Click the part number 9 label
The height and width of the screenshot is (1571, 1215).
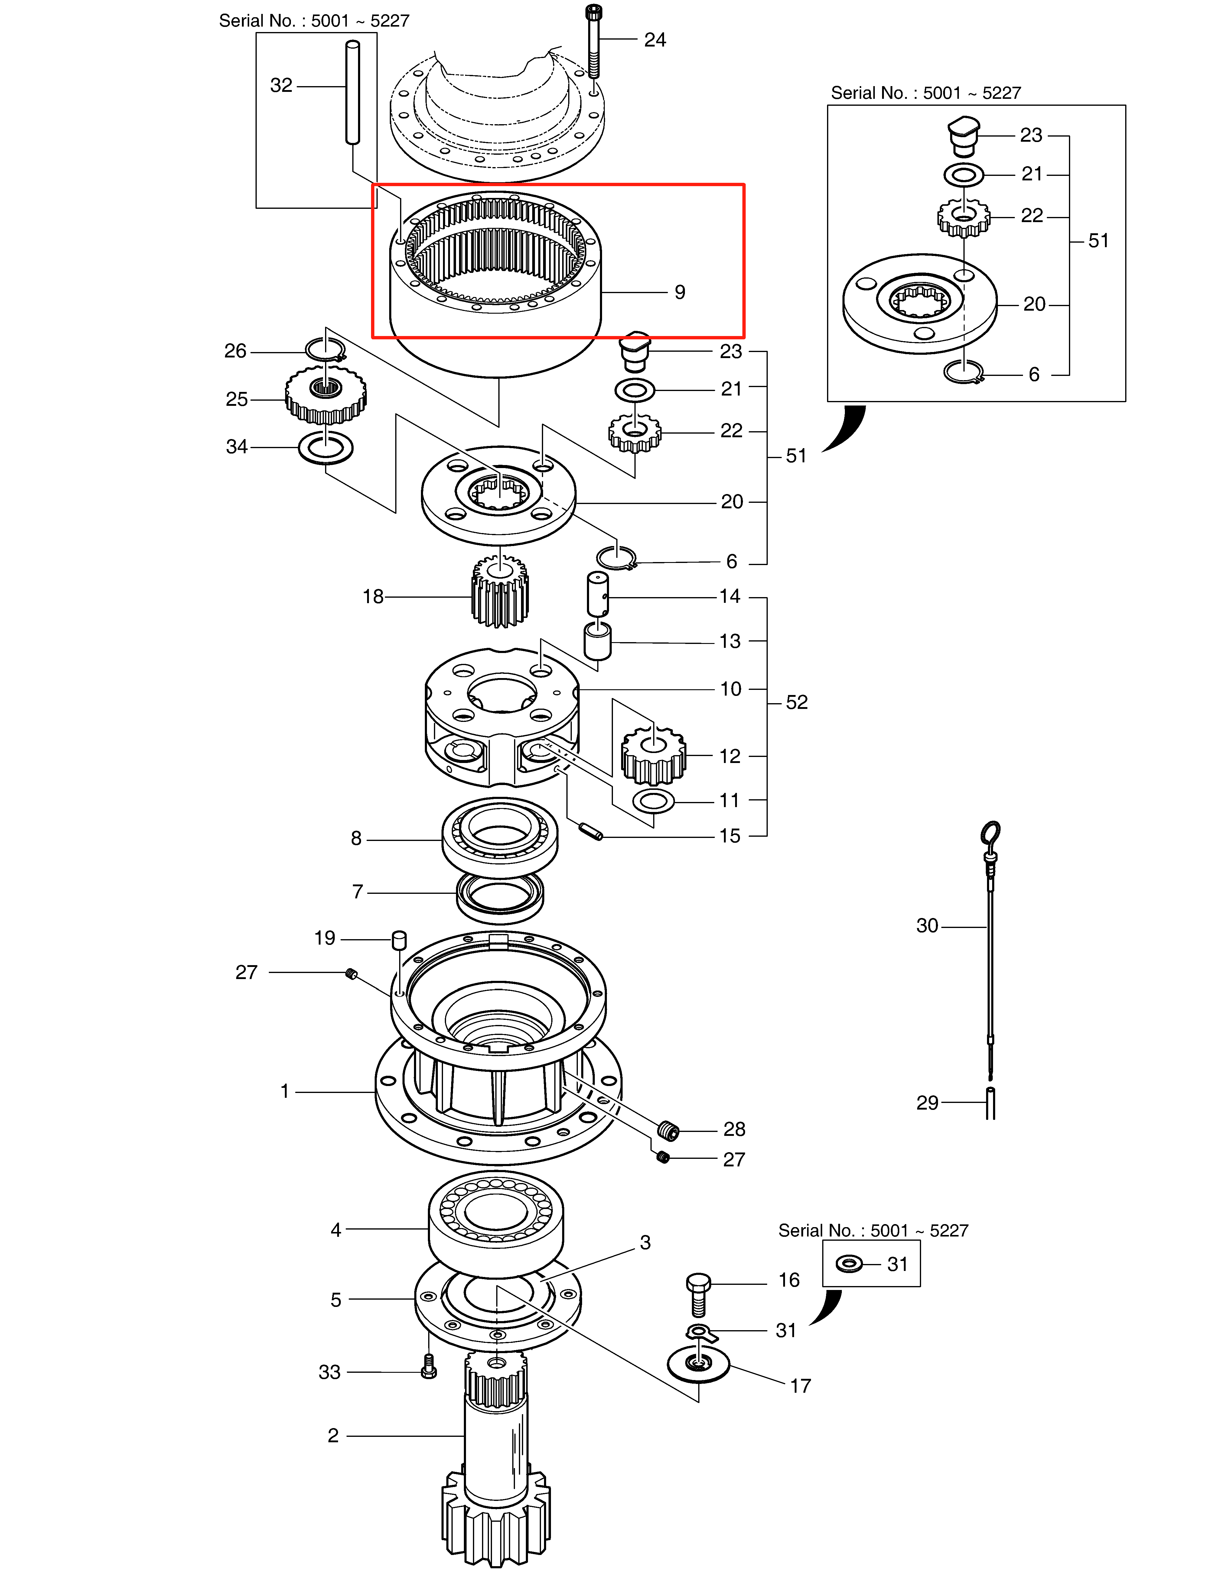679,292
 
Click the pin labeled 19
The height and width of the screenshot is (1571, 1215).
399,940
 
